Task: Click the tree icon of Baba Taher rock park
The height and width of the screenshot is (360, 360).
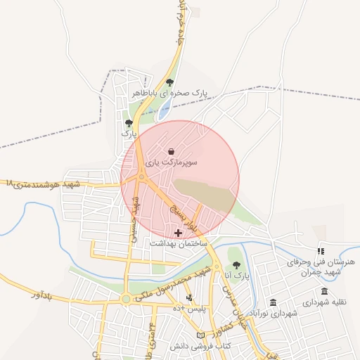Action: point(169,82)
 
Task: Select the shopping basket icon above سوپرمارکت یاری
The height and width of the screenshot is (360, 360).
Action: point(172,151)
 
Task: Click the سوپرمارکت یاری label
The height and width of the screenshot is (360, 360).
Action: point(172,162)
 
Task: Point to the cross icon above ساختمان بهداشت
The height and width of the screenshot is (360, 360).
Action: point(177,232)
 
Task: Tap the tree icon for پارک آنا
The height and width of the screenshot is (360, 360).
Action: point(236,265)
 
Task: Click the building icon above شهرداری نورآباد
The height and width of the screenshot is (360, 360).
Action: point(253,302)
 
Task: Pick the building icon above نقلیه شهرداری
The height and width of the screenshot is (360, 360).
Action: point(324,291)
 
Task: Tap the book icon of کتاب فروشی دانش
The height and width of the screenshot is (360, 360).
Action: point(202,337)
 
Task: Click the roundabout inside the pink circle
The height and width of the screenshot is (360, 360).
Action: point(141,177)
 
